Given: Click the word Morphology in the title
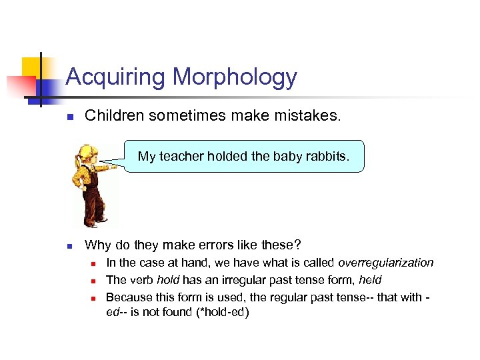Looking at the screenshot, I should (x=235, y=77).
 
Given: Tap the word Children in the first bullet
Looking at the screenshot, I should (x=115, y=116).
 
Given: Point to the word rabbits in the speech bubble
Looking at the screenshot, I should (x=326, y=157).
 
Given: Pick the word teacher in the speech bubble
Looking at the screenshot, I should (x=181, y=157).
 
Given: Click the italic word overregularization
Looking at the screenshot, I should (x=386, y=263).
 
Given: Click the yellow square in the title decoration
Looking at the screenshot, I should (x=31, y=67).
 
